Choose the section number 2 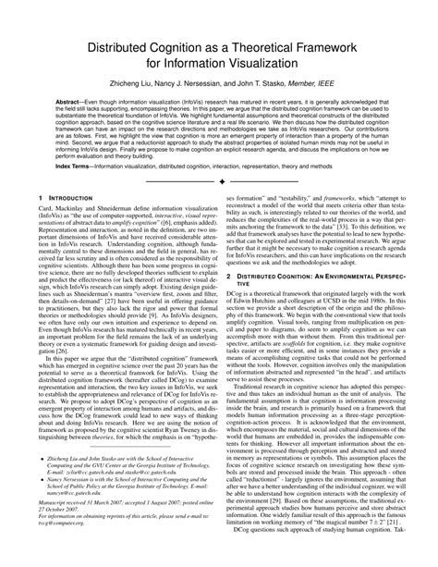227,277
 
